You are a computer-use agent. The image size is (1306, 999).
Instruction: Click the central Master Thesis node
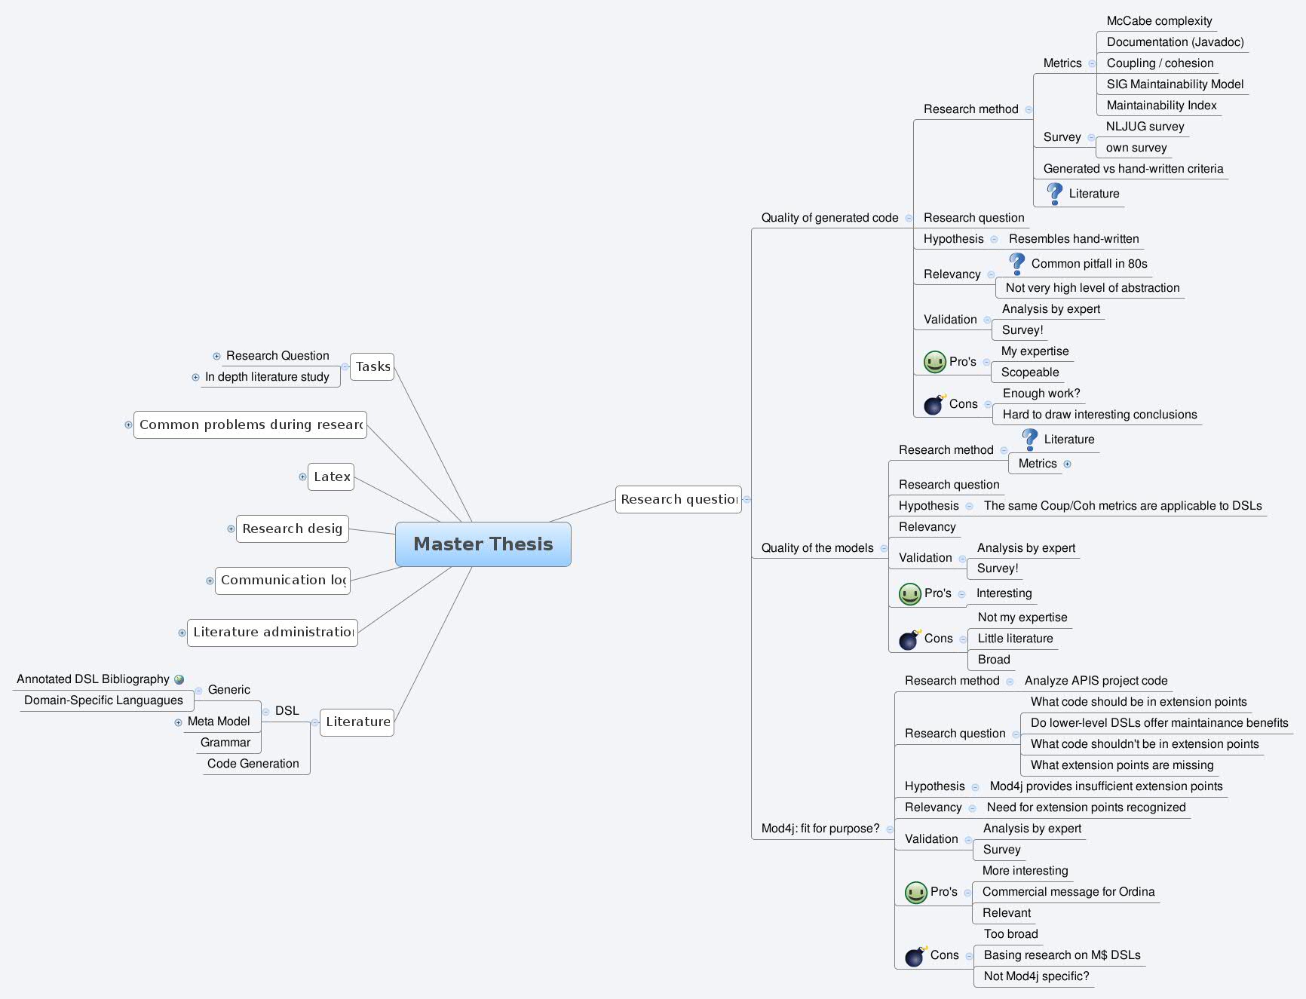coord(483,544)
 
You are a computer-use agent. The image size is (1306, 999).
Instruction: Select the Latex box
coord(331,477)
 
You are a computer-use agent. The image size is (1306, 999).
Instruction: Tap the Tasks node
coord(372,366)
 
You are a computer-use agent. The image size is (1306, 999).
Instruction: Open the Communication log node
coord(283,580)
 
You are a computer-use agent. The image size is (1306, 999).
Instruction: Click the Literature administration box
coord(272,632)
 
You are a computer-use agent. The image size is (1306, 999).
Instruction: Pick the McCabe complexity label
coord(1159,21)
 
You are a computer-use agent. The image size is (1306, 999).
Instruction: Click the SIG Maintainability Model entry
coord(1175,84)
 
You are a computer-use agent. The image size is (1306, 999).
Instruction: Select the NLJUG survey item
coord(1145,127)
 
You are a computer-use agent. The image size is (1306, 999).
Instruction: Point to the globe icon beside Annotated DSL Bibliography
coord(179,679)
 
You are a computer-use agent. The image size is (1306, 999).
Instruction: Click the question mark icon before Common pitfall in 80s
coord(1016,263)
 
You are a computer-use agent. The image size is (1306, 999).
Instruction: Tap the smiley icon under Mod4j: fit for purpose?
coord(915,893)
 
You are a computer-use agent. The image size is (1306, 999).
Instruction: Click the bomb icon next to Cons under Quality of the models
coord(909,639)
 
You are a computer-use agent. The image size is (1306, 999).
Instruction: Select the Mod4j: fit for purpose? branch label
coord(820,829)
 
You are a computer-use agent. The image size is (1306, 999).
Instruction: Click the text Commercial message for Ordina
coord(1068,892)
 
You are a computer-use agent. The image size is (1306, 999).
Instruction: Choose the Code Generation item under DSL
coord(253,764)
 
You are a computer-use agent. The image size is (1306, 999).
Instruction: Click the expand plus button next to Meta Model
coord(178,722)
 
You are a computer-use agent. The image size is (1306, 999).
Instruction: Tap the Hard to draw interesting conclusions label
coord(1099,415)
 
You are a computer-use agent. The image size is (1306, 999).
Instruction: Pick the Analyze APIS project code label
coord(1096,681)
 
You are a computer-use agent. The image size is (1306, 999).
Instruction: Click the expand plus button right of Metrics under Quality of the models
coord(1067,464)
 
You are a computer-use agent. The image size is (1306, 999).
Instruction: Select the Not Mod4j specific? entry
coord(1036,976)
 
